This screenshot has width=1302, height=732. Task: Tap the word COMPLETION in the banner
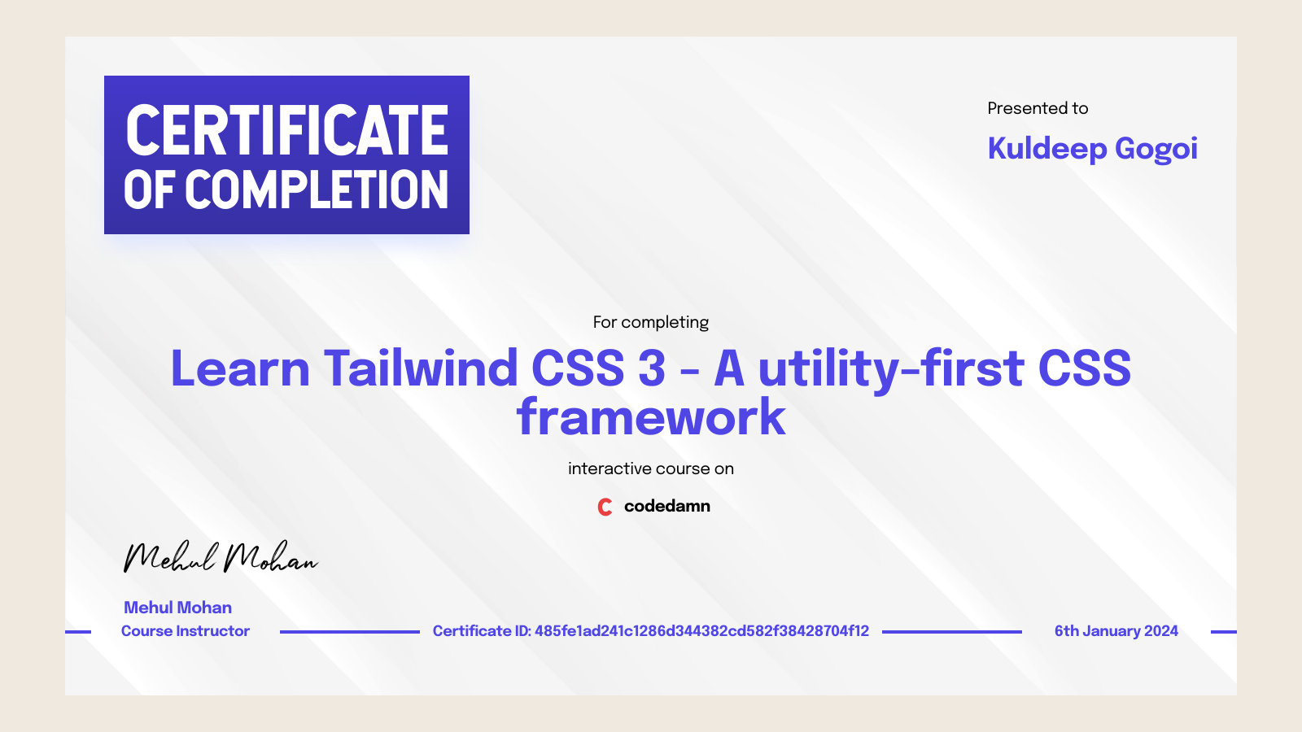click(317, 190)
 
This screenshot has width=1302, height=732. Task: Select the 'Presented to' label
click(1038, 108)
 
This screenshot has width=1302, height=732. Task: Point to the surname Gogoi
click(1156, 150)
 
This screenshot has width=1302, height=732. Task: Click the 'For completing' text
click(650, 322)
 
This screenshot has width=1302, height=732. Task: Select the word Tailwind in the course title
click(421, 368)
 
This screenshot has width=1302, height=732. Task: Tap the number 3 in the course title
click(652, 368)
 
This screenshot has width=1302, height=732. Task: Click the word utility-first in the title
click(891, 368)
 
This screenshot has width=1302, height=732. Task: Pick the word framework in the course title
click(651, 417)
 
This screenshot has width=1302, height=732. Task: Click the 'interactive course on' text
click(650, 468)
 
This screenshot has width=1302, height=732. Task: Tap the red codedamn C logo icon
click(605, 507)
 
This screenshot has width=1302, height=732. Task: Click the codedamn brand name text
click(666, 506)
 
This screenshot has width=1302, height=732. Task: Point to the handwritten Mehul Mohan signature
click(220, 558)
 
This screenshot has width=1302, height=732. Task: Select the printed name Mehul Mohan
click(177, 608)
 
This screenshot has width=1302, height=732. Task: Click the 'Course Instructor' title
click(185, 631)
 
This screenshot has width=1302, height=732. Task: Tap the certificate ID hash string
click(701, 631)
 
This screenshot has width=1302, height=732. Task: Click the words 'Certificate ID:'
click(482, 631)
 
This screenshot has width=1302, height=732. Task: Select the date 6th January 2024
click(1116, 631)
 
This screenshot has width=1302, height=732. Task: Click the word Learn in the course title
click(240, 368)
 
